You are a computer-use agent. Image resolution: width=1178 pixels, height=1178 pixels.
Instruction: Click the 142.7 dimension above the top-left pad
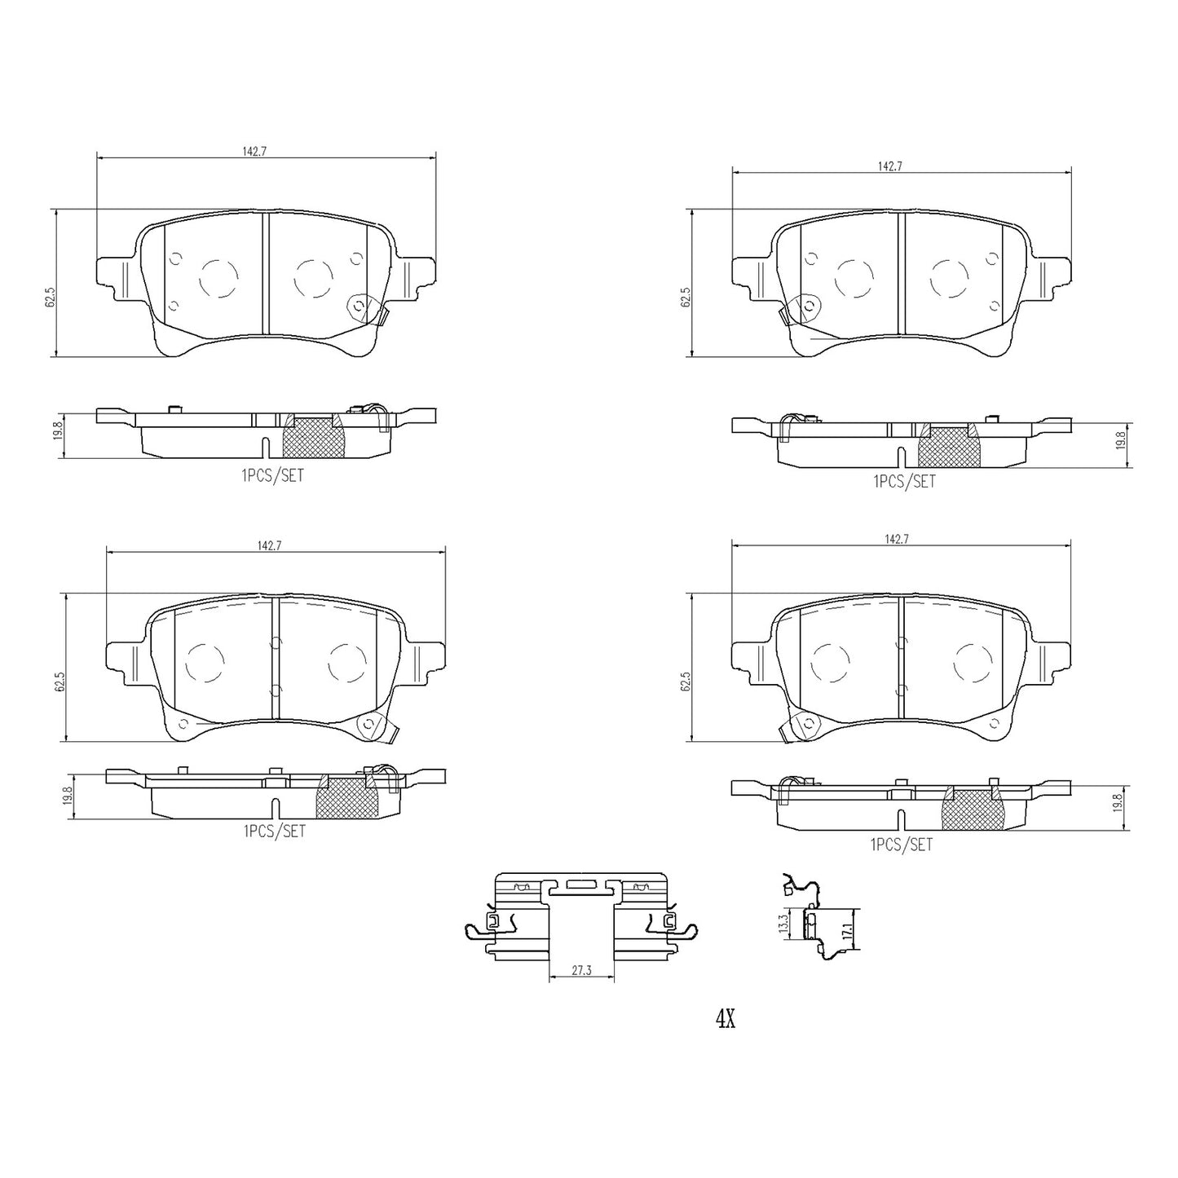pos(254,152)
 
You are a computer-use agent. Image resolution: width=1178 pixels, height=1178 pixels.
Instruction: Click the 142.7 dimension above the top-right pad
pos(890,166)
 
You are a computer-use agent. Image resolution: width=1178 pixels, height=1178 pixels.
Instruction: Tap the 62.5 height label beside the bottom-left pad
pos(60,681)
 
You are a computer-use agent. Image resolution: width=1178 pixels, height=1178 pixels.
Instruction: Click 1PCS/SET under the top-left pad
pos(272,475)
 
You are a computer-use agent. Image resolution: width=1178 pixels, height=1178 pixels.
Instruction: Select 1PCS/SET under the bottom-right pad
pos(902,845)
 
